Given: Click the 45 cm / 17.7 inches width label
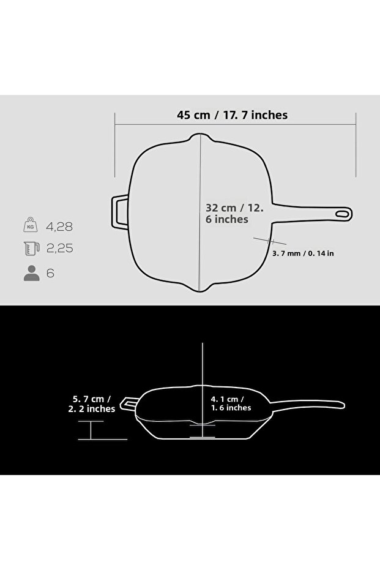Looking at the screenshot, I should pos(232,115).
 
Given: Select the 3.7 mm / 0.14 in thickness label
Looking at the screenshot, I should pos(302,253).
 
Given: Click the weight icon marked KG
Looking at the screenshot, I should pos(31,226).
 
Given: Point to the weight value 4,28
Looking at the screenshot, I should pos(60,227).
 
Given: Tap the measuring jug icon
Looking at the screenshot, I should pos(31,249).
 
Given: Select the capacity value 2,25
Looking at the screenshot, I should pos(60,249).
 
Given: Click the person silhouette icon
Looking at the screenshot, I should pos(31,273).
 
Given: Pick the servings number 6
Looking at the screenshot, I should pos(50,273).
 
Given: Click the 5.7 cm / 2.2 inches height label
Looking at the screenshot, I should pos(91,403).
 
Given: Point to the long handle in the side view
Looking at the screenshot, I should pos(306,403).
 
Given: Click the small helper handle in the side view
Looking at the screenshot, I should pos(129,404).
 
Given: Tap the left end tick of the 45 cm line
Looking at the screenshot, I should pos(116,144).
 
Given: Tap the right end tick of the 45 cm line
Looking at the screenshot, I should pos(356,144).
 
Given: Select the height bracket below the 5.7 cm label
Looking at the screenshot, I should pos(91,430).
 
